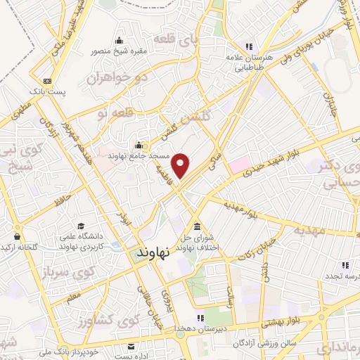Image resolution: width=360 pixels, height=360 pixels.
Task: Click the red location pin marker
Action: tap(181, 165)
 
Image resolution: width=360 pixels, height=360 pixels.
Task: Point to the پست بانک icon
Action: tap(46, 81)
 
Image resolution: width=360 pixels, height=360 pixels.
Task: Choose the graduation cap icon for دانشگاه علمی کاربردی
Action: tap(82, 227)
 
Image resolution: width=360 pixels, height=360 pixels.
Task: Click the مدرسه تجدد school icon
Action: tap(345, 265)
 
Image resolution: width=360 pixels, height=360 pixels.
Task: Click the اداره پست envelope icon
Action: tap(131, 346)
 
